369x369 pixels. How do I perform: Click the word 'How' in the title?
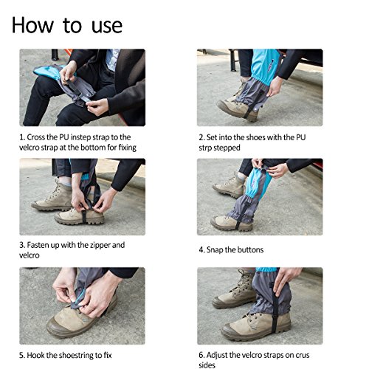32,25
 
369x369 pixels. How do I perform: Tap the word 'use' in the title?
107,26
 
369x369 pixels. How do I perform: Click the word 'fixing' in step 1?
128,148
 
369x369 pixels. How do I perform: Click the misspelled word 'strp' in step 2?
205,148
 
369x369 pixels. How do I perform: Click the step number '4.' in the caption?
201,250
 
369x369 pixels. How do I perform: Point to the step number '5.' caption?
22,356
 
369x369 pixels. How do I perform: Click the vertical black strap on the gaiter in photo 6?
275,308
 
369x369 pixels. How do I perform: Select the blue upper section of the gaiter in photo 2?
265,65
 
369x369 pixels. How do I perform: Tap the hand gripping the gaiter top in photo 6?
286,279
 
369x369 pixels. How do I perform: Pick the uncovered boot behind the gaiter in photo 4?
229,186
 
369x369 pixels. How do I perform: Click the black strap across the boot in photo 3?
84,216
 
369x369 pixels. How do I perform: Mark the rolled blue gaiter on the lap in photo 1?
46,72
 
